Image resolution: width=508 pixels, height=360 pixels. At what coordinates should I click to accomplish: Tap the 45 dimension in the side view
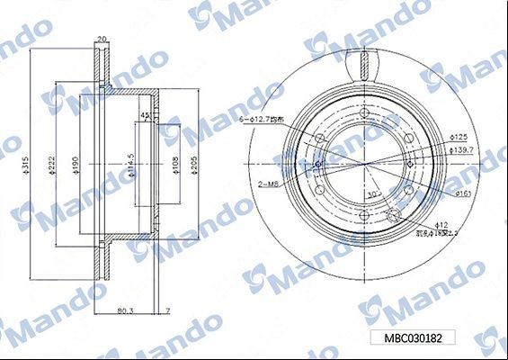(144, 116)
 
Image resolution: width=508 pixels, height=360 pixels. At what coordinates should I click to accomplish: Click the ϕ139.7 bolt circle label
(460, 149)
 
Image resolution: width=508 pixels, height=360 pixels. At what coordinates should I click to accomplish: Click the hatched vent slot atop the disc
(366, 63)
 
